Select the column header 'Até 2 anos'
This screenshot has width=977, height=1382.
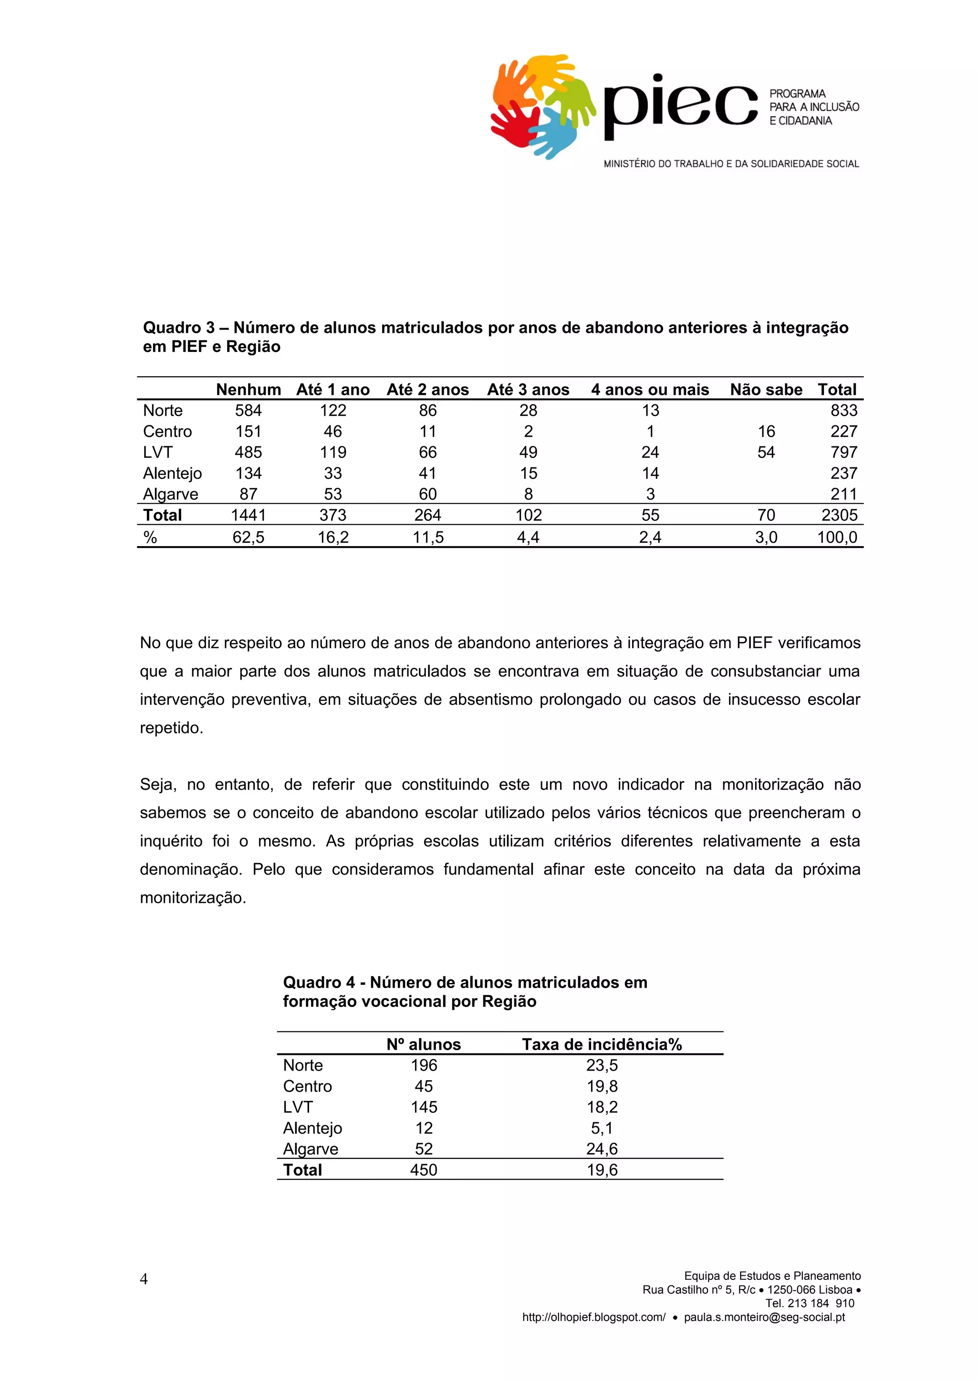pos(427,390)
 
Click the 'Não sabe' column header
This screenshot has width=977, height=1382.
pos(766,390)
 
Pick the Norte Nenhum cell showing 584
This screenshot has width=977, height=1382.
pos(248,411)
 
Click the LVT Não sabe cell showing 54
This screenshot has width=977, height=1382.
pos(766,452)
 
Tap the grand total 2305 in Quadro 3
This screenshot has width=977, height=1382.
pos(839,515)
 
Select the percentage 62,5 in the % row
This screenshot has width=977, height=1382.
pos(248,537)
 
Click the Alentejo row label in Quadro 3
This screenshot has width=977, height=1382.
pos(172,473)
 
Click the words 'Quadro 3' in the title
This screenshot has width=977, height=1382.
pos(179,328)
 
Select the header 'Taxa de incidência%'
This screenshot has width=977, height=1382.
pos(602,1044)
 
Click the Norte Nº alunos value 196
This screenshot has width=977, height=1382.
pos(424,1065)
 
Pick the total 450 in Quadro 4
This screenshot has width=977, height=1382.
pos(424,1170)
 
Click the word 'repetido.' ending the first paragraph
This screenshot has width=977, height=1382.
pos(172,728)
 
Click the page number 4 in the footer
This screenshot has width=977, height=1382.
pos(144,1279)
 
